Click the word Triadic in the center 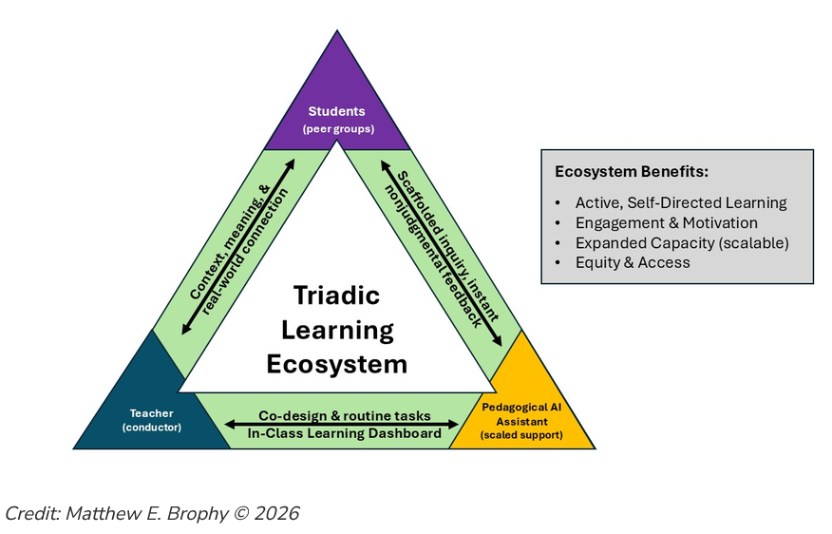[x=337, y=296]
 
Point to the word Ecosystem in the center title [x=337, y=364]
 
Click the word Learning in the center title [x=337, y=331]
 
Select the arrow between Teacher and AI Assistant [x=342, y=424]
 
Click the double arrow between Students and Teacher [x=238, y=247]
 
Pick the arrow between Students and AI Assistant [x=441, y=253]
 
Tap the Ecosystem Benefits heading [x=632, y=171]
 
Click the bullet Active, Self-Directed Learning [x=681, y=202]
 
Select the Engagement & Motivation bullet [x=667, y=223]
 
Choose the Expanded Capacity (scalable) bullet [x=682, y=243]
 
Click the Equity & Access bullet [x=633, y=263]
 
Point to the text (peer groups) [x=338, y=129]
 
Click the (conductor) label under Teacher [x=152, y=428]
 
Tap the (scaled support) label [x=521, y=435]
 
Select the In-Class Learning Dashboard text [x=345, y=433]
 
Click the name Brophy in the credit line [x=197, y=514]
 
